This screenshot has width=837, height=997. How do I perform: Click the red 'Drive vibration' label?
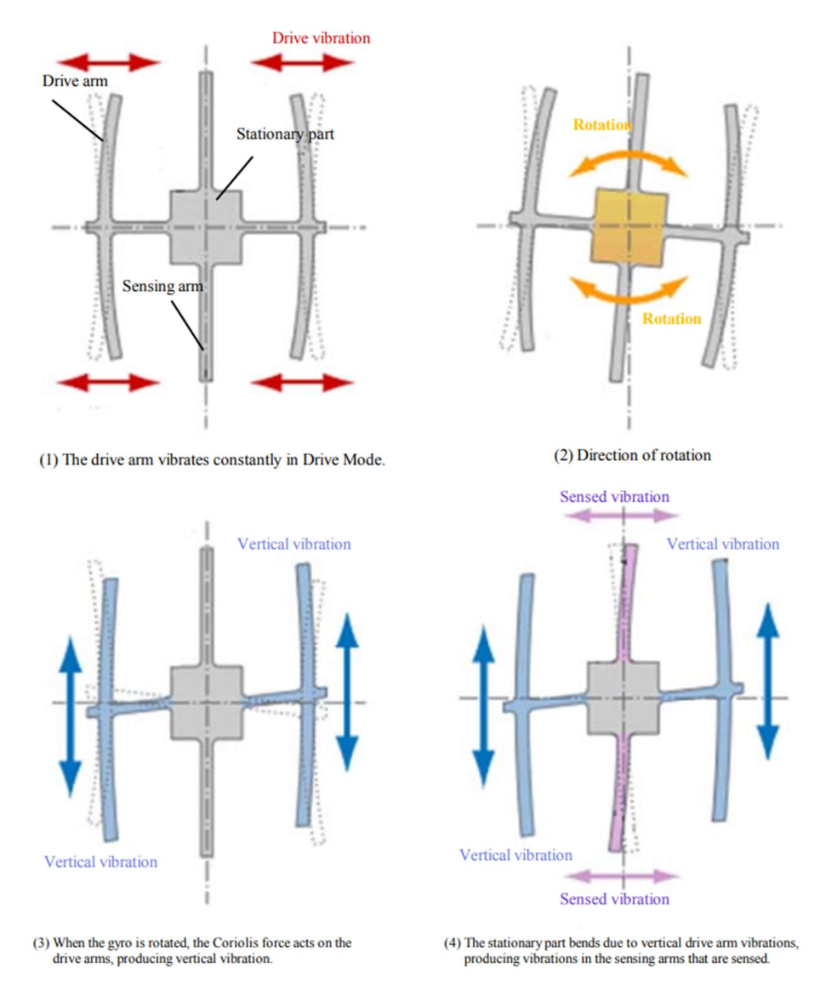click(321, 38)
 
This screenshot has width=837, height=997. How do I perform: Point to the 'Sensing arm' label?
click(162, 287)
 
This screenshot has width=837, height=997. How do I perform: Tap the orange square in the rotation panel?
click(627, 225)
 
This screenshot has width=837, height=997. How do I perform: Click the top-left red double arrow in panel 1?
click(108, 61)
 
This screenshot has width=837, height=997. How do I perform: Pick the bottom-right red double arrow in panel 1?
click(303, 382)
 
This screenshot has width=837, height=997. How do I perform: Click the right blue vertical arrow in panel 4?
click(767, 680)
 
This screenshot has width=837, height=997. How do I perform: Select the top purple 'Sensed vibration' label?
click(614, 496)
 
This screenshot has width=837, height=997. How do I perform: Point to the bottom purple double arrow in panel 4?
click(623, 875)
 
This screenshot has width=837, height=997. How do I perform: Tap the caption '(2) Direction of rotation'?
click(632, 455)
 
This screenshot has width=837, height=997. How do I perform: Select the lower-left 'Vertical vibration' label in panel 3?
click(100, 861)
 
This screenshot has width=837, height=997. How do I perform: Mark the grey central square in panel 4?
click(624, 698)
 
